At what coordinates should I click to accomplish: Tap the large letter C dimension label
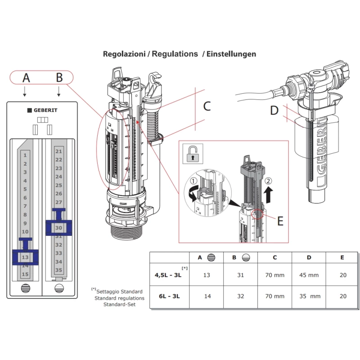tap(207, 106)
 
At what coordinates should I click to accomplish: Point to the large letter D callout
tap(274, 110)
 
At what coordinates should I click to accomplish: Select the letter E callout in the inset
tap(280, 221)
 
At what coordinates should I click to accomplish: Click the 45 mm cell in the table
tap(309, 275)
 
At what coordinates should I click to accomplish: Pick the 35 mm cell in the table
tap(309, 296)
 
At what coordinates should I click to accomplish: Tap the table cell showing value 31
tap(240, 275)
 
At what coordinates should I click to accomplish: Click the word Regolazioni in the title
tap(124, 54)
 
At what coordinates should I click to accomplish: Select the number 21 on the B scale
tap(58, 151)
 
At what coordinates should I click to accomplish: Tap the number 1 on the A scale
tap(25, 155)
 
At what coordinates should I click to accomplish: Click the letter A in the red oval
tap(27, 77)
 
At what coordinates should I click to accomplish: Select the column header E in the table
tap(343, 257)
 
